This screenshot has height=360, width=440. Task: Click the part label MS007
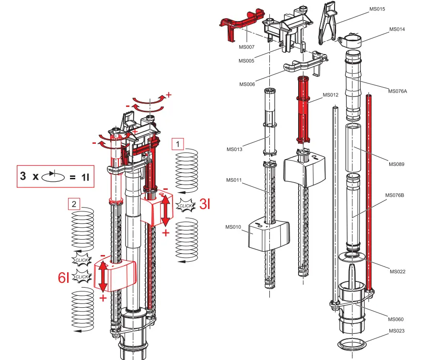[246, 47]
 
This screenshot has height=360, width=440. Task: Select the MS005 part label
[246, 61]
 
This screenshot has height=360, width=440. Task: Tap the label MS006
[247, 84]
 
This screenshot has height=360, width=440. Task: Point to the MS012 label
[330, 95]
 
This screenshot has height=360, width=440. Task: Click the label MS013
[234, 149]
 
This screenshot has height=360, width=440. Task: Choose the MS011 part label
[234, 180]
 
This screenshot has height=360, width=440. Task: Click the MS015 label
[377, 9]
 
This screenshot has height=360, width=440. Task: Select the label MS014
[397, 29]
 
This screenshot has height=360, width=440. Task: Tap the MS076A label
[398, 91]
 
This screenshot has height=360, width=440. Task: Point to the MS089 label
[396, 164]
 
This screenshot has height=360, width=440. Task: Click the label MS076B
[395, 195]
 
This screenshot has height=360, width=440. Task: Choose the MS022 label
[397, 272]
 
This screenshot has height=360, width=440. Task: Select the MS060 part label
[396, 319]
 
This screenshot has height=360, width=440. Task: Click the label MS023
[396, 331]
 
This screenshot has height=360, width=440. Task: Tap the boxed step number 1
[178, 143]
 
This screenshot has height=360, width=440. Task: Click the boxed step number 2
[73, 204]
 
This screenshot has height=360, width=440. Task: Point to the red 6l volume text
[64, 278]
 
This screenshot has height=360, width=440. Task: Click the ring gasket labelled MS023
[352, 344]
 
